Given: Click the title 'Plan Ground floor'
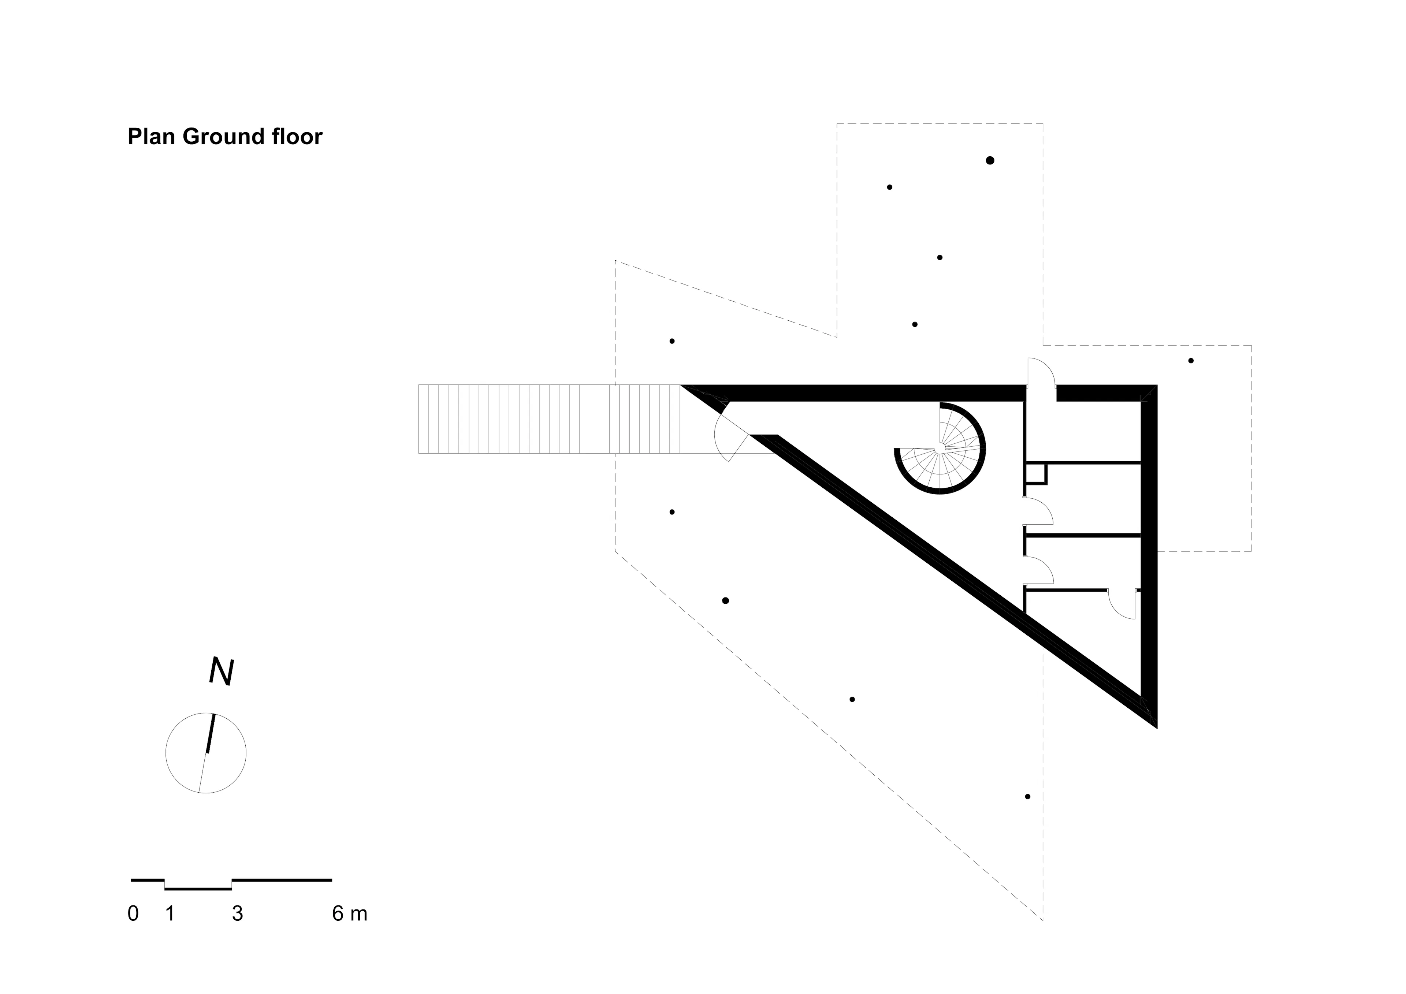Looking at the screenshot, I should click(x=225, y=137).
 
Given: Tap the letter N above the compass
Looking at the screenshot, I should click(x=221, y=672).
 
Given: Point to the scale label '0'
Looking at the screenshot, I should click(x=133, y=914).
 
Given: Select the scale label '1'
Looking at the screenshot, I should click(x=170, y=914).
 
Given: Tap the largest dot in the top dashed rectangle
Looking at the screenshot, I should click(x=990, y=160).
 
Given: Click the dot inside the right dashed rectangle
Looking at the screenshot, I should click(x=1191, y=361).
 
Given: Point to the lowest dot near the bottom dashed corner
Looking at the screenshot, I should click(x=1027, y=797).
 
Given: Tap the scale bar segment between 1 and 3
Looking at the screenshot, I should click(x=198, y=889).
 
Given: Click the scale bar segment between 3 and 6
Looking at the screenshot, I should click(x=282, y=880).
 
